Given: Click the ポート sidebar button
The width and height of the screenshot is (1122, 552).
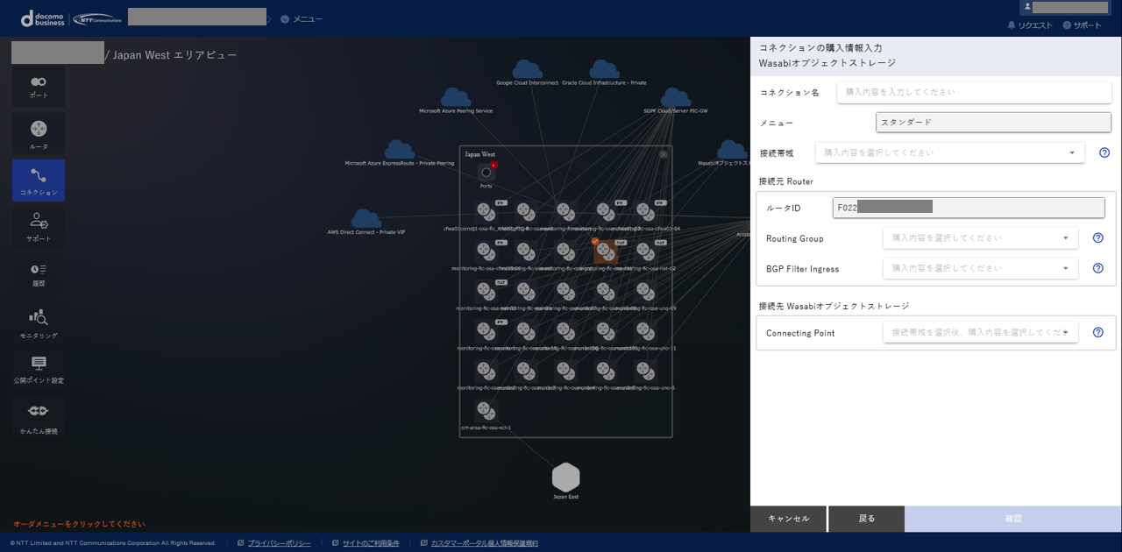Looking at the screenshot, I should coord(39,86).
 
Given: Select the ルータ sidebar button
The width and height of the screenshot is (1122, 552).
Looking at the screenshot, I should coord(39,133).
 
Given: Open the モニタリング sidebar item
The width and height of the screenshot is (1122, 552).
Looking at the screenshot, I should coord(39,322).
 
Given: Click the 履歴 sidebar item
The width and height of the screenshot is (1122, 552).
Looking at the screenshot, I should coord(39,273).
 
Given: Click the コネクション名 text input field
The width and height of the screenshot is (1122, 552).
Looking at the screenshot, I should coord(974,92).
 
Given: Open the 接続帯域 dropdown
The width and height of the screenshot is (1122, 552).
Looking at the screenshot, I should coord(949,152).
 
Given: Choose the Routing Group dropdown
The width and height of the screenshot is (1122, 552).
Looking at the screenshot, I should coord(980,237).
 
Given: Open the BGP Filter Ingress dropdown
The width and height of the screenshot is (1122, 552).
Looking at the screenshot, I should coord(980,268).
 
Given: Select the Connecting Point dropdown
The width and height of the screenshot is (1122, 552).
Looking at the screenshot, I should coord(980,332).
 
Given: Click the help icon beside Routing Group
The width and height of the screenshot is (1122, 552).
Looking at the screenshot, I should coord(1097,237).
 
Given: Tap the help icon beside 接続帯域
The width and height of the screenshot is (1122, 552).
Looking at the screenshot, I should coord(1104,152).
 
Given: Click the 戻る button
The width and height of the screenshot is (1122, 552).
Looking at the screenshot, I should coord(866,519).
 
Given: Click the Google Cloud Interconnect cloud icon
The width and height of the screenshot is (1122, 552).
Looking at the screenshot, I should coord(527,69).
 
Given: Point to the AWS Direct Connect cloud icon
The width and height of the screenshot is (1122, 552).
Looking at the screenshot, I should coord(366,218).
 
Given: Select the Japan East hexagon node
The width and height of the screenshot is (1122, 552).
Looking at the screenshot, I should coord(565,478).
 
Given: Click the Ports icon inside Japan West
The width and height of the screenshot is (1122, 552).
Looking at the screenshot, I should coord(486,172).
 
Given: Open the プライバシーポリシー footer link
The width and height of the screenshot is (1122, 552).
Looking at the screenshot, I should coord(279,543).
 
